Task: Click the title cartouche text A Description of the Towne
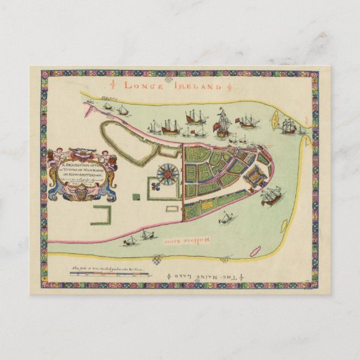point(81,166)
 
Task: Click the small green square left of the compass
point(136,196)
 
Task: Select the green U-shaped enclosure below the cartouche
point(101,217)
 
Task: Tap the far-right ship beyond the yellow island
point(289,126)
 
